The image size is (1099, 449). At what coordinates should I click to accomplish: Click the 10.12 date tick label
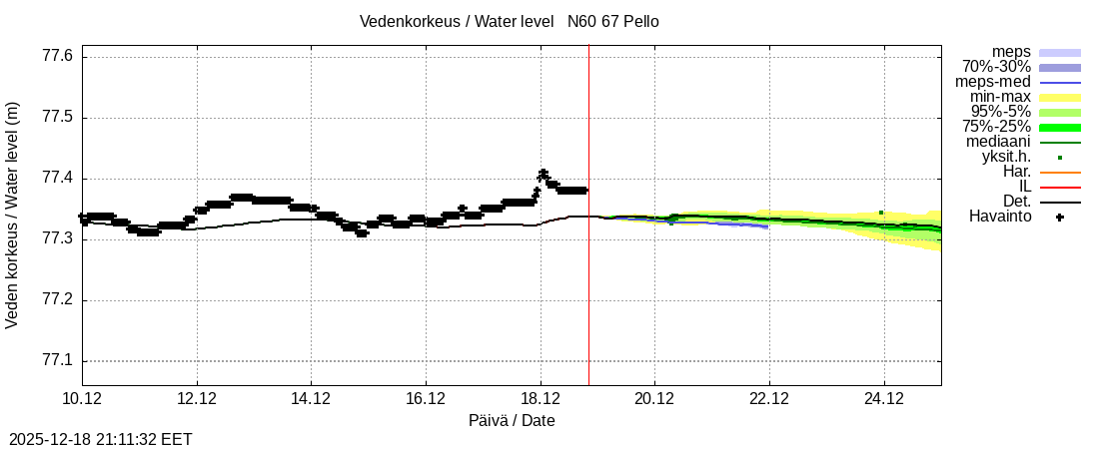pyautogui.click(x=82, y=398)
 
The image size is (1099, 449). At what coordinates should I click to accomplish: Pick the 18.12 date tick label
pyautogui.click(x=541, y=398)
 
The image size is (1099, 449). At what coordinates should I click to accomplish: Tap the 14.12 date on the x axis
pyautogui.click(x=312, y=398)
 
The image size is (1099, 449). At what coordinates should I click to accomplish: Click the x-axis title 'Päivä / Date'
pyautogui.click(x=512, y=420)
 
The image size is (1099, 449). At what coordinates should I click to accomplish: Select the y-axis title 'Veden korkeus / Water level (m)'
pyautogui.click(x=13, y=215)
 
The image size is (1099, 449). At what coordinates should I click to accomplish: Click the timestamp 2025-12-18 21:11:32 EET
pyautogui.click(x=101, y=439)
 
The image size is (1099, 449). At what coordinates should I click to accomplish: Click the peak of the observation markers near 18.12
pyautogui.click(x=543, y=173)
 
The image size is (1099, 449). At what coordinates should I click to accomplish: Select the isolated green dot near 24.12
pyautogui.click(x=880, y=213)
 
